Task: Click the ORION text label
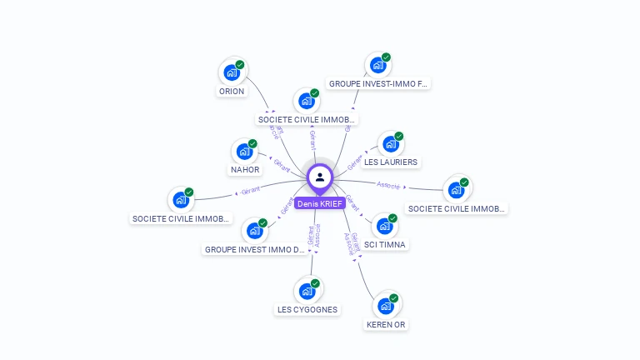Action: pos(231,92)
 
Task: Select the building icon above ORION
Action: pos(231,72)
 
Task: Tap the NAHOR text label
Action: pos(245,170)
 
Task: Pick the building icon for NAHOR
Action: pos(244,152)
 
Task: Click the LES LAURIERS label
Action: pos(392,162)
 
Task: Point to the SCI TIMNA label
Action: pos(385,245)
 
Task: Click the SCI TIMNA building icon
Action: pos(384,226)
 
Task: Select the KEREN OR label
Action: pos(386,324)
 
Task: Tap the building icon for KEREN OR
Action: pos(385,305)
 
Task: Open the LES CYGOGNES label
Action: pos(307,310)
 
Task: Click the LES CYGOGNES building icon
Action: pos(307,291)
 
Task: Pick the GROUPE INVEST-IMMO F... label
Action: pos(377,84)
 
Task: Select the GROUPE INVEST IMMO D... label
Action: pos(255,249)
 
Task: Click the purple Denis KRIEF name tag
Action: pos(319,203)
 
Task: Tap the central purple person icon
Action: pos(320,177)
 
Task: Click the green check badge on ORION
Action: pos(240,64)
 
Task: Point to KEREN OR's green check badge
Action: pos(394,297)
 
